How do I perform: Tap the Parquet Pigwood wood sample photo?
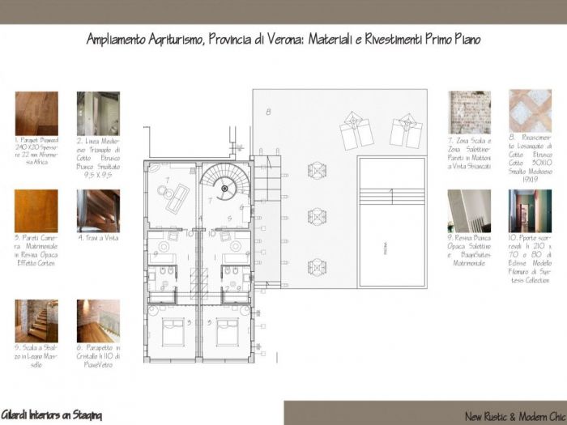36,113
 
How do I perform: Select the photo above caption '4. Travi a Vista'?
98,210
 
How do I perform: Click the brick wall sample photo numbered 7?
470,113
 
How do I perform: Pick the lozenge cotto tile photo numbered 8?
530,111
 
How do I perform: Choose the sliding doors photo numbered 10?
530,210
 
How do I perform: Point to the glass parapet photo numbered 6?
98,321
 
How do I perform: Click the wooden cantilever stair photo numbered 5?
36,321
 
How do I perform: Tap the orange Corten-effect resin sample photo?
36,210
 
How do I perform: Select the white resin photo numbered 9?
470,210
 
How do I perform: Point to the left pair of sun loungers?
356,130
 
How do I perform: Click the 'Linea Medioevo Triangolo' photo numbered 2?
98,113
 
